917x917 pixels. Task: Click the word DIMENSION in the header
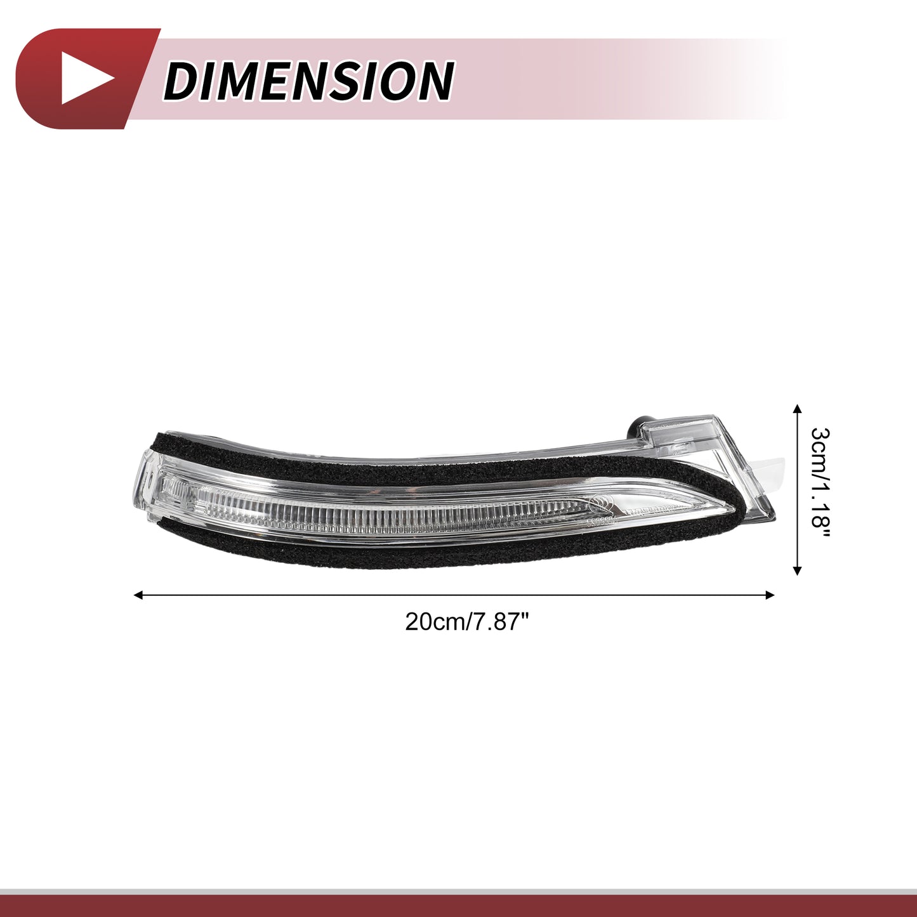pyautogui.click(x=309, y=81)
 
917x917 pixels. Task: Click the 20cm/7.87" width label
pyautogui.click(x=467, y=621)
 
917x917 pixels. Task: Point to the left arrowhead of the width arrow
pyautogui.click(x=139, y=595)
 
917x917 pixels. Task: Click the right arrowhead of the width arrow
pyautogui.click(x=770, y=595)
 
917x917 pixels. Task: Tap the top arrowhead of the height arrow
pyautogui.click(x=798, y=409)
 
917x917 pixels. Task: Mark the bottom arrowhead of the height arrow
pyautogui.click(x=798, y=571)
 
